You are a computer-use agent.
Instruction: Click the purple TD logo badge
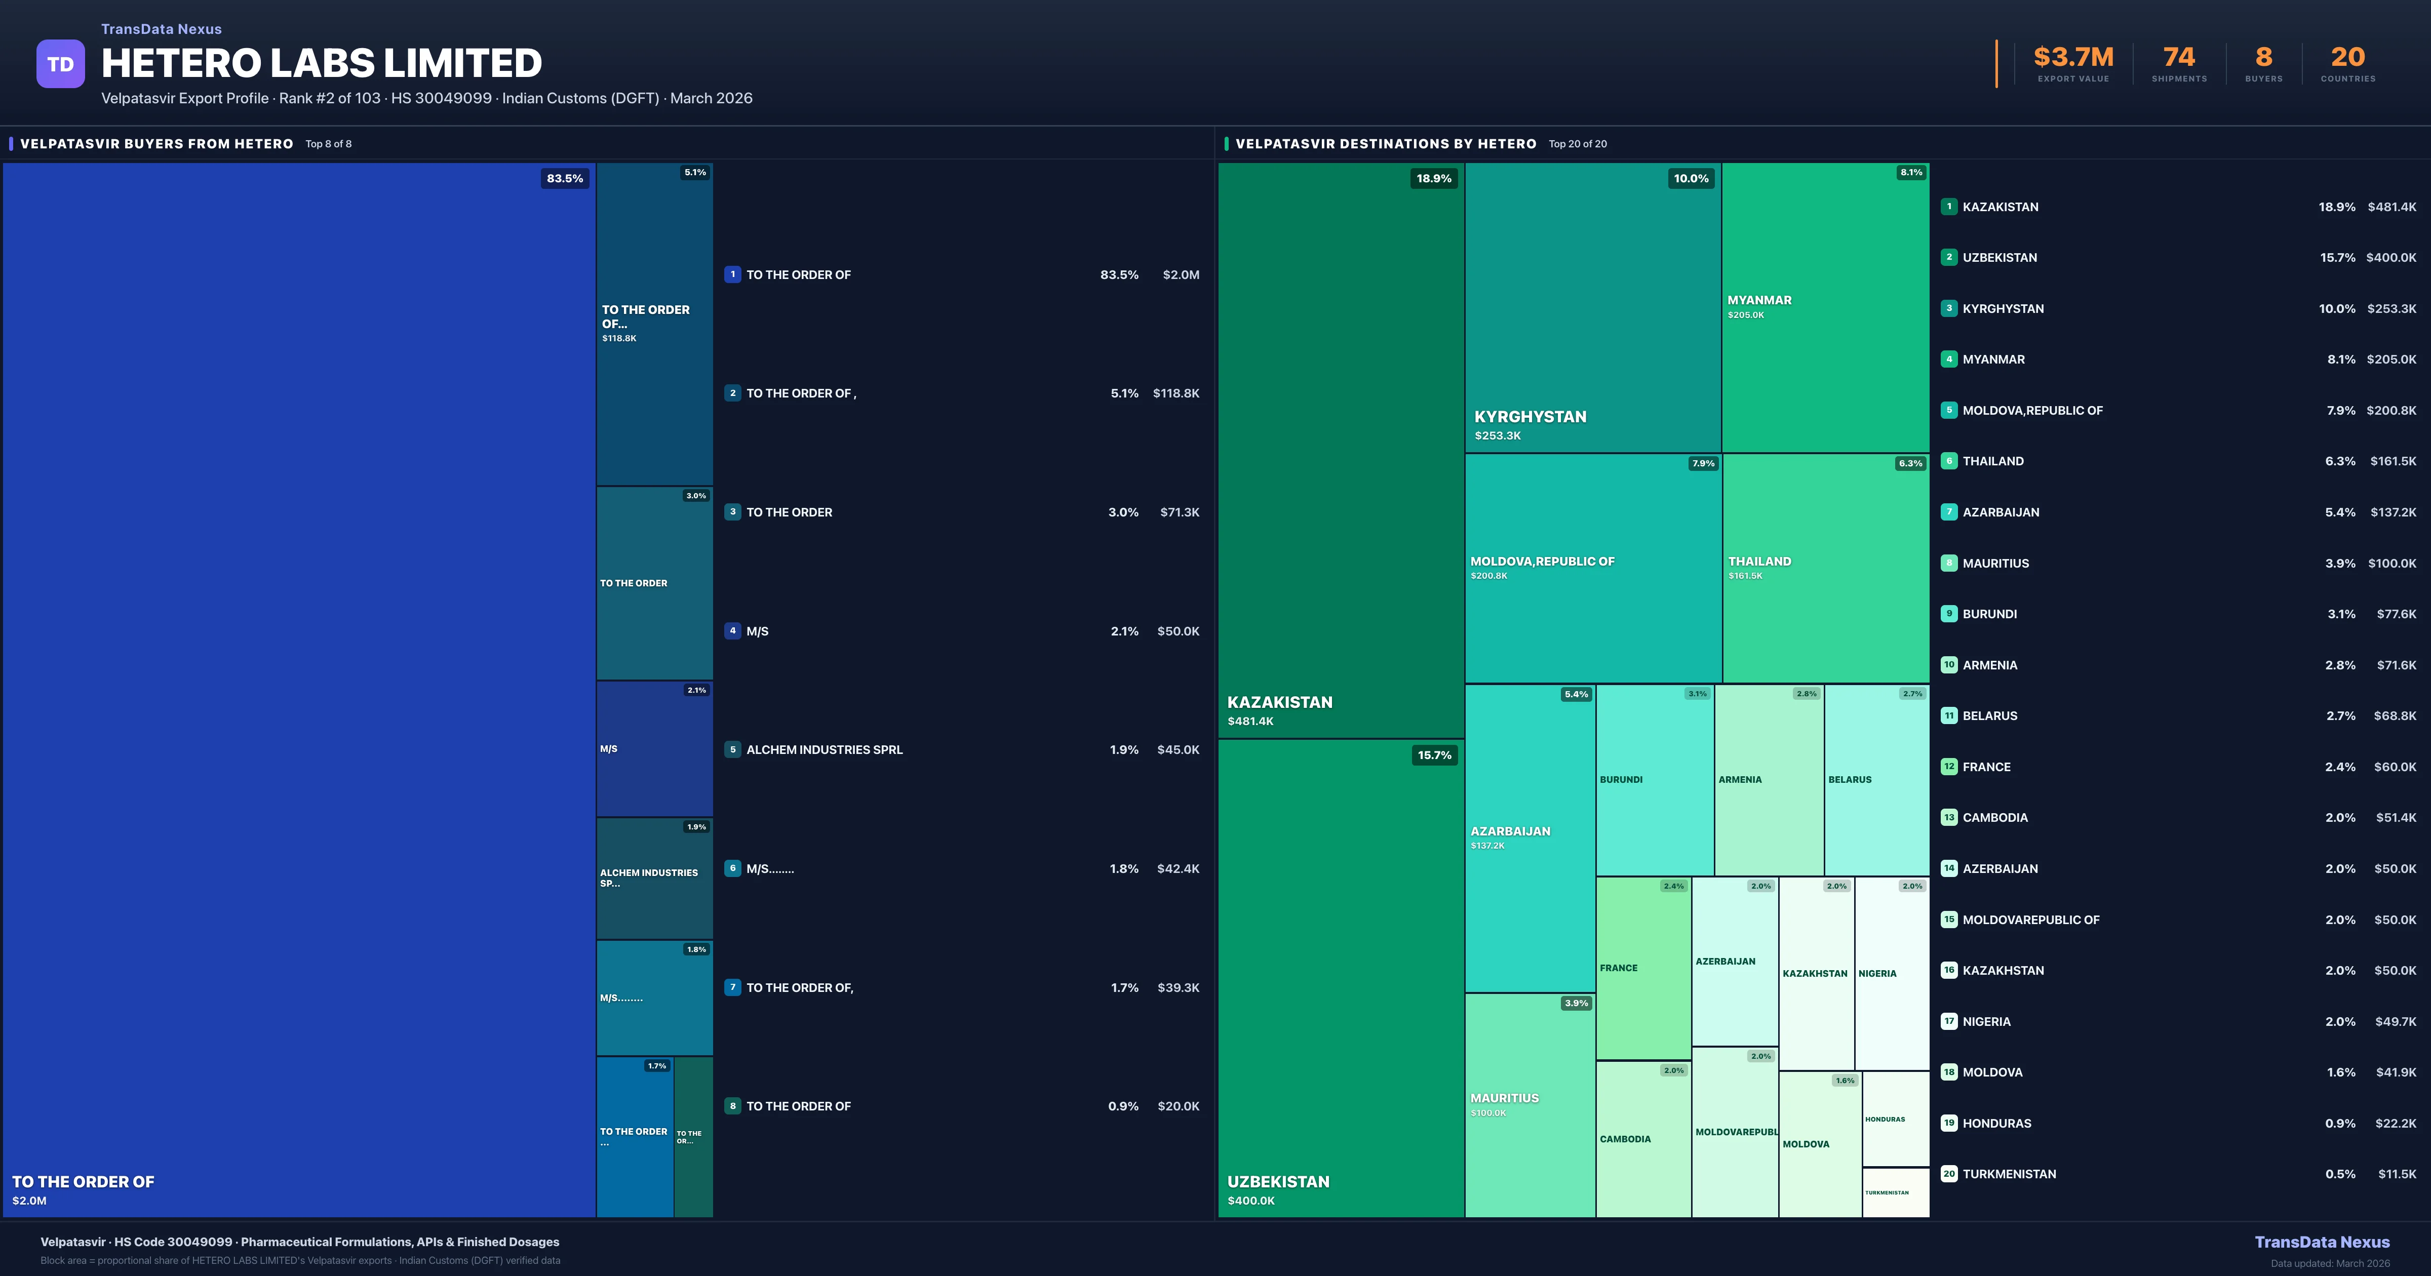[x=60, y=64]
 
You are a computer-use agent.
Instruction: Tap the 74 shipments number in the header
[x=2178, y=58]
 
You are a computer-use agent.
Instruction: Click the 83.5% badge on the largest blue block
[x=564, y=178]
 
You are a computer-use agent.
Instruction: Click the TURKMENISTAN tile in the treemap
[x=1895, y=1192]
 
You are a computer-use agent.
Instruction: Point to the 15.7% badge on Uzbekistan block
[x=1433, y=755]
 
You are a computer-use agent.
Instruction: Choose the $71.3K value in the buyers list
[x=1179, y=512]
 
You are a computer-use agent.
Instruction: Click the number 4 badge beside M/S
[x=732, y=630]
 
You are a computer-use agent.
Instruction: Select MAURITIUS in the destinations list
[x=1995, y=564]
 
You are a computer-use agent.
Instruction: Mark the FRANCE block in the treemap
[x=1642, y=968]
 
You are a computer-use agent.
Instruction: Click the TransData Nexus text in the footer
[x=2322, y=1242]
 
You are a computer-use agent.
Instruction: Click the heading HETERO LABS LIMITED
[x=321, y=63]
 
